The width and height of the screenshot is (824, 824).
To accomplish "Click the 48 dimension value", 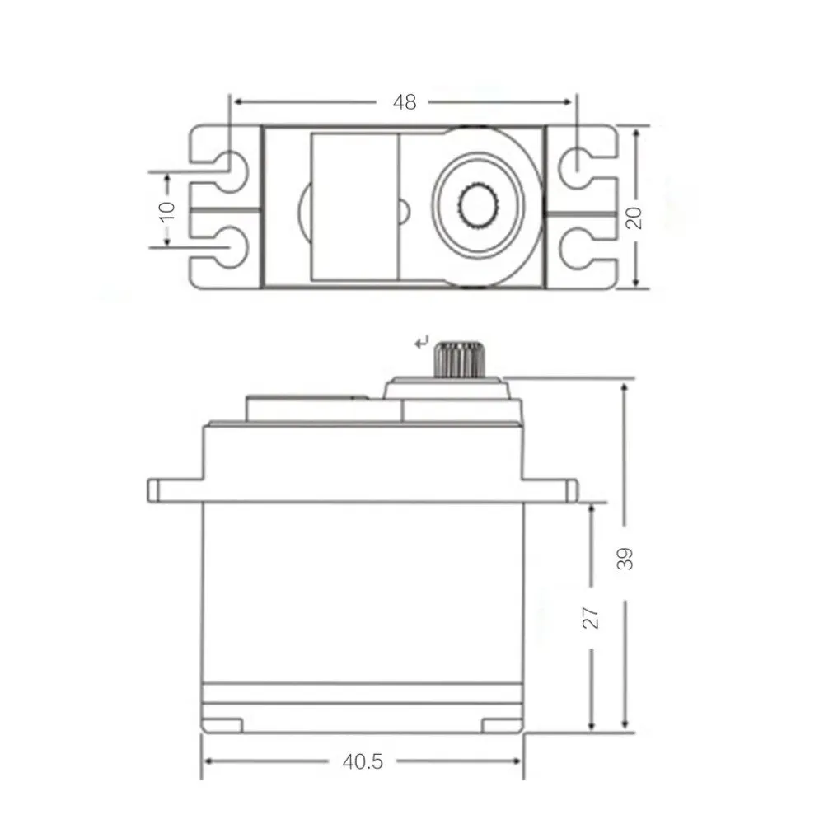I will (405, 102).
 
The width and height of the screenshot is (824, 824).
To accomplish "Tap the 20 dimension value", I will (634, 216).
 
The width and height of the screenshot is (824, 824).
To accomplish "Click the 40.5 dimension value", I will (363, 761).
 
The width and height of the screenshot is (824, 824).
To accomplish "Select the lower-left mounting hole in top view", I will (233, 245).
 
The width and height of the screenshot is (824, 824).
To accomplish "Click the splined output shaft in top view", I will (476, 206).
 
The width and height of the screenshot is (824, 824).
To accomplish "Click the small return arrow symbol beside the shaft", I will (423, 340).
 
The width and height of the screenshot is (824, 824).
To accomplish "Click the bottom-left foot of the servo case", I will (222, 725).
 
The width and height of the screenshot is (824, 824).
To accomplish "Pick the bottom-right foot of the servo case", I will (502, 725).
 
